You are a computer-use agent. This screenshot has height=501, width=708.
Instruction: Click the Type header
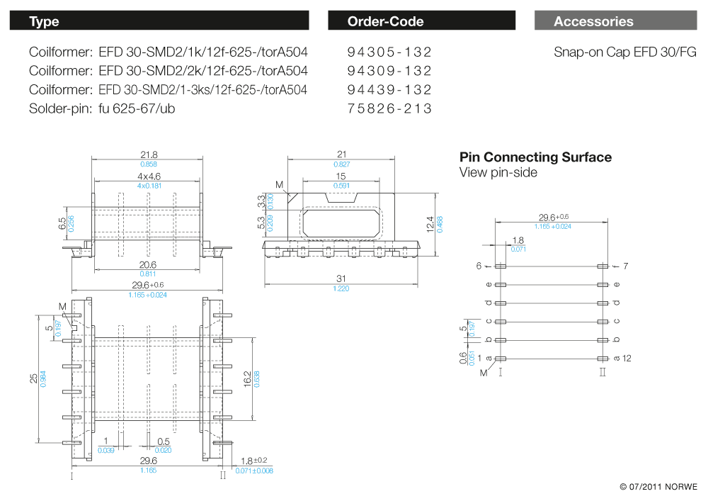[44, 21]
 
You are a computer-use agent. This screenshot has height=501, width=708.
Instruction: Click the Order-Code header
[385, 21]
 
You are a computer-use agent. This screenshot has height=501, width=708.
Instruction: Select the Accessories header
[593, 21]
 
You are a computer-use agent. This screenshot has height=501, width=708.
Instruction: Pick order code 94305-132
[389, 52]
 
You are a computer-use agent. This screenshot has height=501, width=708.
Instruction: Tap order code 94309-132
[389, 71]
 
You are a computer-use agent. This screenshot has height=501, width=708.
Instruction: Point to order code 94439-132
[389, 90]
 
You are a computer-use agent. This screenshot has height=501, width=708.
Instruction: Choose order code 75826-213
[389, 108]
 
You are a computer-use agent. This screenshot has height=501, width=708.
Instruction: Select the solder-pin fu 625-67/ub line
[102, 108]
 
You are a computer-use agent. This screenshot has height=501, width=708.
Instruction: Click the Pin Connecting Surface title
[535, 157]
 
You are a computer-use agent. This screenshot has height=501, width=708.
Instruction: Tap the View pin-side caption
[498, 172]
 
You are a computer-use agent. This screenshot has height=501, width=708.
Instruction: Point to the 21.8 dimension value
[149, 154]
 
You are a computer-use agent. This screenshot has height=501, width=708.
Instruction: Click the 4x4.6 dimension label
[149, 176]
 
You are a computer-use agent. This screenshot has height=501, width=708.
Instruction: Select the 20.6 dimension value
[148, 264]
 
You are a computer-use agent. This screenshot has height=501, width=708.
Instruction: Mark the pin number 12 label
[626, 359]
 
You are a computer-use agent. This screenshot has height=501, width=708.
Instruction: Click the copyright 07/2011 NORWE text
[658, 487]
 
